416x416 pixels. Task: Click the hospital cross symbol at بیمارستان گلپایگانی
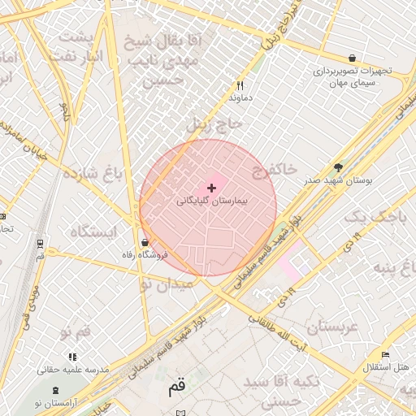pos(212,188)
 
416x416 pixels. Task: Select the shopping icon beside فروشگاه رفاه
pos(145,242)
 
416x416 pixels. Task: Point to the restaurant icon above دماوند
pos(239,85)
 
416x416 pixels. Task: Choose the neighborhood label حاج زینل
pos(214,124)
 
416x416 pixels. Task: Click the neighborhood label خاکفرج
pos(273,169)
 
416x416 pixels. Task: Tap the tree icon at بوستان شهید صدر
pos(338,167)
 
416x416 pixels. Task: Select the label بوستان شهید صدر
pos(336,180)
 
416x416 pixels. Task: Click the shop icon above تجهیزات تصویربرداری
pos(352,58)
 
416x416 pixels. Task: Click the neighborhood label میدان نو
pos(166,284)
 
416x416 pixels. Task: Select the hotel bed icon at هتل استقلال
pos(385,355)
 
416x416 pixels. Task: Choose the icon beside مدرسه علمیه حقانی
pos(73,357)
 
